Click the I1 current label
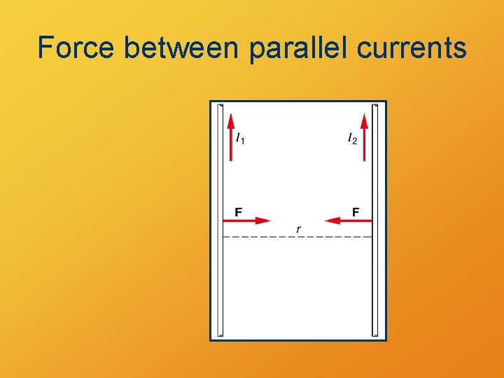[240, 139]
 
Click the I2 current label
[352, 139]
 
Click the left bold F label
[239, 211]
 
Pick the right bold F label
[356, 211]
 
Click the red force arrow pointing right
[246, 220]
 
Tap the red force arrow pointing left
[349, 220]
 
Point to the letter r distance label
[298, 229]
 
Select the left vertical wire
[220, 280]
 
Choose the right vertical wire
[374, 280]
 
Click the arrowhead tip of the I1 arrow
[231, 115]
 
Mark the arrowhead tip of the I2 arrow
[364, 115]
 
